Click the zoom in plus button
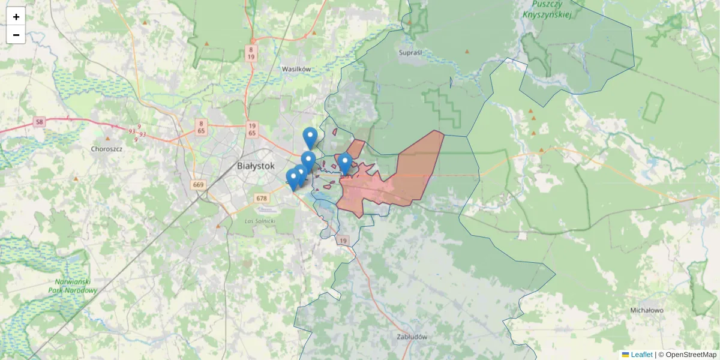pyautogui.click(x=16, y=17)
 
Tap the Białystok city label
pyautogui.click(x=256, y=166)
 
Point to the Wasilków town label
pyautogui.click(x=296, y=69)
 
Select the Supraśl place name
pyautogui.click(x=410, y=53)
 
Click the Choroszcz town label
pyautogui.click(x=107, y=148)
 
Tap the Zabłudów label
pyautogui.click(x=412, y=337)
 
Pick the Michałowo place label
pyautogui.click(x=647, y=310)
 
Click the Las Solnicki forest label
pyautogui.click(x=260, y=221)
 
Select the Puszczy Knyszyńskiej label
pyautogui.click(x=546, y=10)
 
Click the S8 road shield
pyautogui.click(x=40, y=122)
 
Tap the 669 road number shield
pyautogui.click(x=199, y=184)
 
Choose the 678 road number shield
pyautogui.click(x=261, y=198)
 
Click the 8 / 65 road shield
pyautogui.click(x=201, y=126)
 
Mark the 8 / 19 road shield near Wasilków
pyautogui.click(x=251, y=53)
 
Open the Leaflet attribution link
pyautogui.click(x=641, y=355)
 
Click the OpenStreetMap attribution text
pyautogui.click(x=691, y=355)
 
